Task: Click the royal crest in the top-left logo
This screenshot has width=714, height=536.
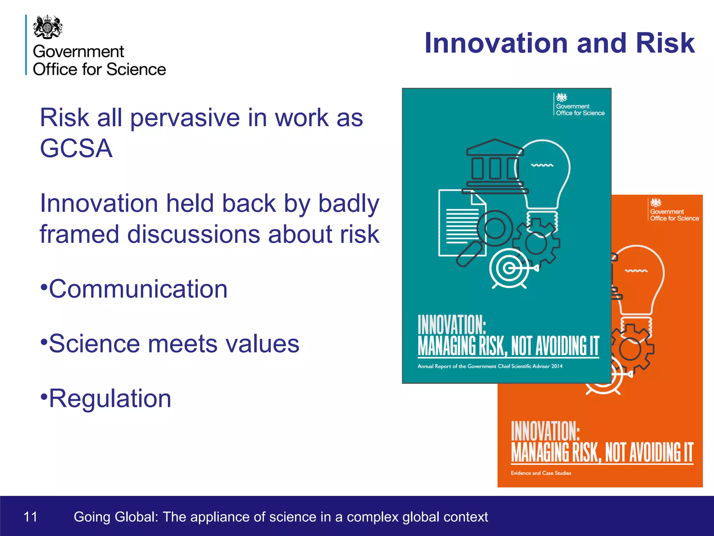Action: pos(48,27)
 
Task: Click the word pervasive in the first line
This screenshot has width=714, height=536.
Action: pos(185,118)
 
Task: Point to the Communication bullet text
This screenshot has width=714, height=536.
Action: pos(138,289)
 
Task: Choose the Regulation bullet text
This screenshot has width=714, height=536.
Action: pos(110,399)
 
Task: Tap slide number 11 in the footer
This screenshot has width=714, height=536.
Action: pos(30,517)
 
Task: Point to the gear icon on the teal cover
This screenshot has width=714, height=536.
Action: pos(536,243)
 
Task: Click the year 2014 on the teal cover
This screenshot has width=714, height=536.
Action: pos(557,366)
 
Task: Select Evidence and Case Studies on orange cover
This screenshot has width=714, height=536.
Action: pos(541,473)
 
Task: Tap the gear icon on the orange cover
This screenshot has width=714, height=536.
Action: pos(631,349)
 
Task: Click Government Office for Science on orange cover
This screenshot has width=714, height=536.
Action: pos(674,215)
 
